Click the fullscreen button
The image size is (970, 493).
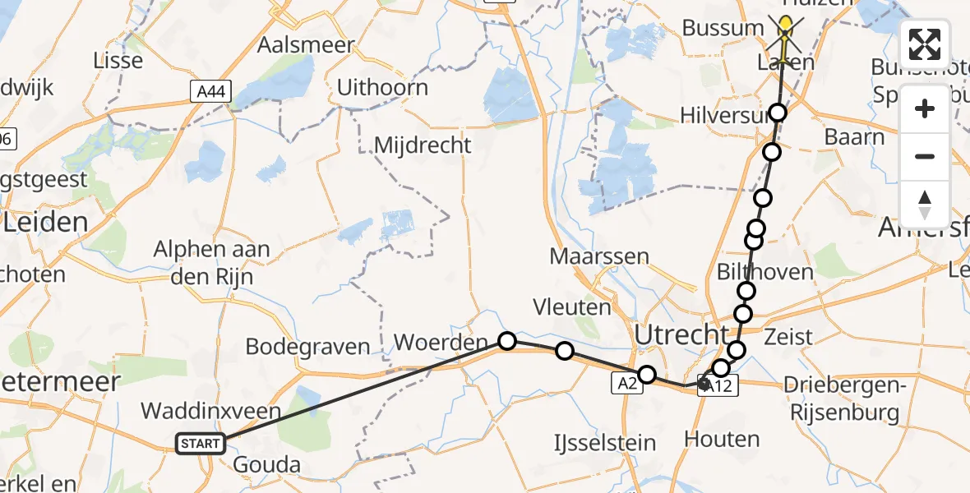(x=925, y=44)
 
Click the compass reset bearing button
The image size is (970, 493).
(x=925, y=204)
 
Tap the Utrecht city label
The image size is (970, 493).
(x=681, y=335)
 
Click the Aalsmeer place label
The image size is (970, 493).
(x=306, y=44)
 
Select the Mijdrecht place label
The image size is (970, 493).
(x=423, y=145)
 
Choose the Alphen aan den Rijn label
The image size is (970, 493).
(x=211, y=262)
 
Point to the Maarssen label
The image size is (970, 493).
(x=598, y=256)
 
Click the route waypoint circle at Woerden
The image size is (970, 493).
(x=507, y=341)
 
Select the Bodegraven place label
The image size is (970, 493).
(x=308, y=347)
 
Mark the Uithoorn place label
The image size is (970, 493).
(x=382, y=87)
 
